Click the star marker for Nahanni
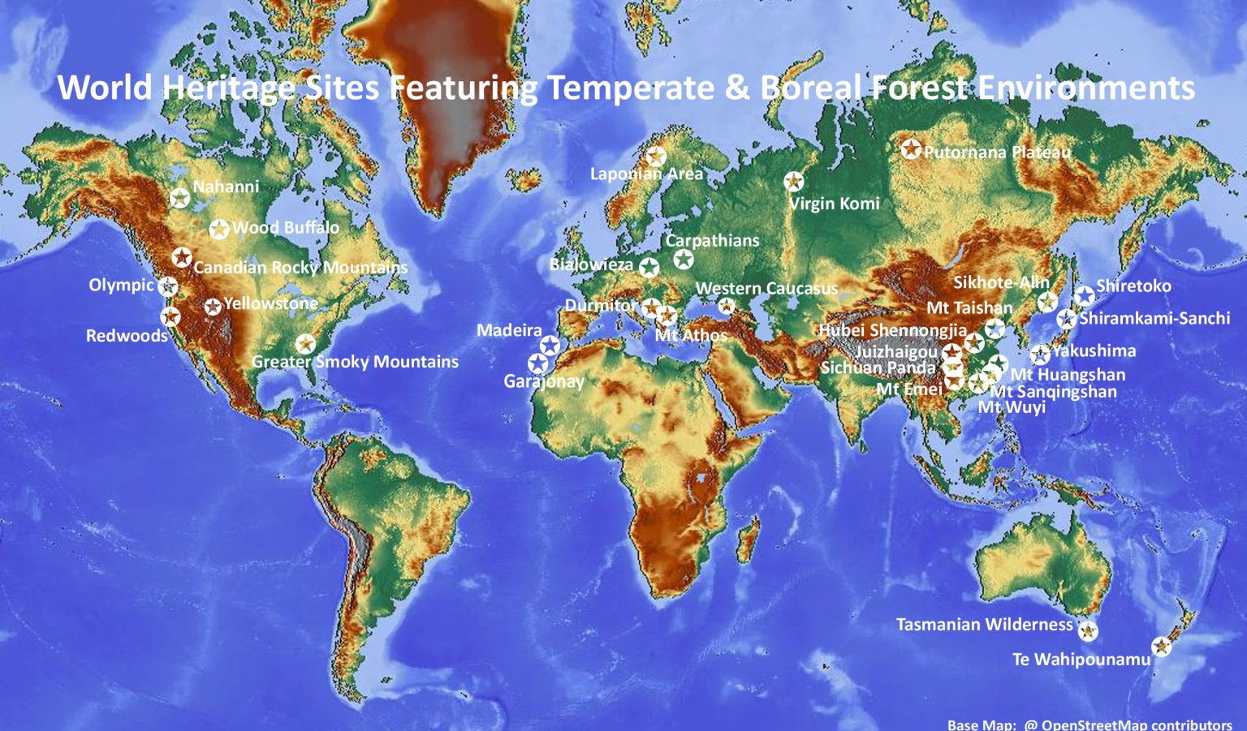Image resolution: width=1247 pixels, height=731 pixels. (179, 197)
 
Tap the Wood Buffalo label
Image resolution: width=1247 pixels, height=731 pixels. (285, 228)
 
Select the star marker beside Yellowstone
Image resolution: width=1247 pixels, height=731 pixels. (213, 307)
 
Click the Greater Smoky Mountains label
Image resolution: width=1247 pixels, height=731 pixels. (355, 362)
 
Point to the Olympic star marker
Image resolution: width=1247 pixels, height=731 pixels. (168, 286)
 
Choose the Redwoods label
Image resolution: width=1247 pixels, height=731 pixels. (127, 336)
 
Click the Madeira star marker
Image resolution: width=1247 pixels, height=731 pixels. (550, 346)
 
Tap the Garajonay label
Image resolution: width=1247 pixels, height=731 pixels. (544, 381)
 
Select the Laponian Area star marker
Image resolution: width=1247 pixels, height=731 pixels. (656, 157)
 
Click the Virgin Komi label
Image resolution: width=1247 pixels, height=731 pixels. (835, 204)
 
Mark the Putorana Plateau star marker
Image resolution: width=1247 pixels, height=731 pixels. (911, 149)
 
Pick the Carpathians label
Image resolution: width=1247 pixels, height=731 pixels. (712, 241)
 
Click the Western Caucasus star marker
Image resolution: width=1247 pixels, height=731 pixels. (727, 306)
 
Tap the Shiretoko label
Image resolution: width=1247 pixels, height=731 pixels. (1133, 286)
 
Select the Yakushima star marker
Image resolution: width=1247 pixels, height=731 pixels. (1040, 355)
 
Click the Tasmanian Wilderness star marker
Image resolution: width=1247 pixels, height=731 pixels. (1088, 630)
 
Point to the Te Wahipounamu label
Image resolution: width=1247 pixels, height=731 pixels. (1081, 660)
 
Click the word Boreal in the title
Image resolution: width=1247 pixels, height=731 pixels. (815, 88)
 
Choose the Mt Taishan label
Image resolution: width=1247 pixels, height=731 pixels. (969, 308)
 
